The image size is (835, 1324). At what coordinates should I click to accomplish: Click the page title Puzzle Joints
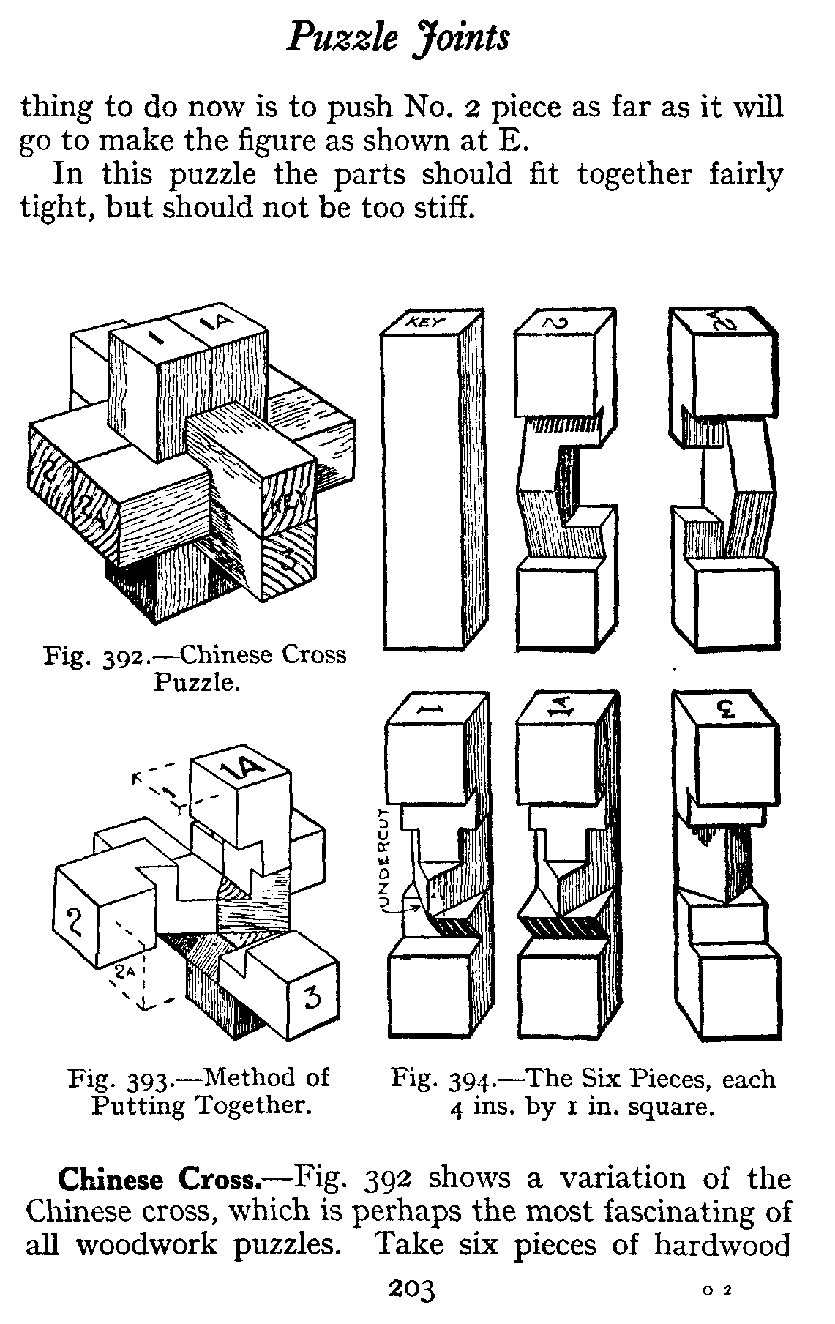[x=398, y=37]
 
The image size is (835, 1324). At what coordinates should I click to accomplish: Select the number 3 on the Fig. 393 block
[x=312, y=998]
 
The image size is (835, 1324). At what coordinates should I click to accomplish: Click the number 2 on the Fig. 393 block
[x=74, y=924]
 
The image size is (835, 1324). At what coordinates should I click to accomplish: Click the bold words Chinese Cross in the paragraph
[x=160, y=1180]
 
